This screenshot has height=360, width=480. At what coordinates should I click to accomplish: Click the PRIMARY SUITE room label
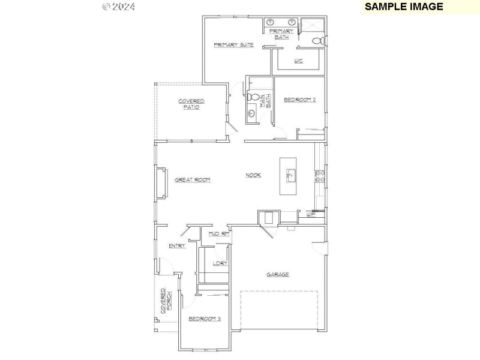click(233, 45)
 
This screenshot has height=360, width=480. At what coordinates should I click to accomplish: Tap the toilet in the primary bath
click(319, 41)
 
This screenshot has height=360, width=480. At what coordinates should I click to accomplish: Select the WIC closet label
click(298, 61)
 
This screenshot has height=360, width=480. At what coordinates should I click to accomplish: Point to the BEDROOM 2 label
click(299, 100)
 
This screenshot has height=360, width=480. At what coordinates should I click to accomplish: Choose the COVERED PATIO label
click(191, 104)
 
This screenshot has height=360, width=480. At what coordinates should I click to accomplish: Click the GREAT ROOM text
click(192, 179)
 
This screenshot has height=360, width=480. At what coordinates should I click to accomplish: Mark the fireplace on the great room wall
click(161, 183)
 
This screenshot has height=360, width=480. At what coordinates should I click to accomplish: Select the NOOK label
click(253, 175)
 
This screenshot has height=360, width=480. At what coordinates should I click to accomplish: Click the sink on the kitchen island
click(289, 176)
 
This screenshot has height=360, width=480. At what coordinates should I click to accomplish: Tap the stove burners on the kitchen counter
click(320, 176)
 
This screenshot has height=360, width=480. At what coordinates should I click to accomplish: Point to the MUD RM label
click(218, 233)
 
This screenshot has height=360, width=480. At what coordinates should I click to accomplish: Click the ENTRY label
click(176, 245)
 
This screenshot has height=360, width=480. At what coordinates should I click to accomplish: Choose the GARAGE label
click(278, 274)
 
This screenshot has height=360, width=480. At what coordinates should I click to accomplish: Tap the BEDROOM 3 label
click(205, 319)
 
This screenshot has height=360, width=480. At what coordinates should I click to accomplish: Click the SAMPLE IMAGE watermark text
click(404, 7)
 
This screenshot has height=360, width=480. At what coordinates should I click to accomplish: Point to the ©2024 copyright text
click(119, 7)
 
